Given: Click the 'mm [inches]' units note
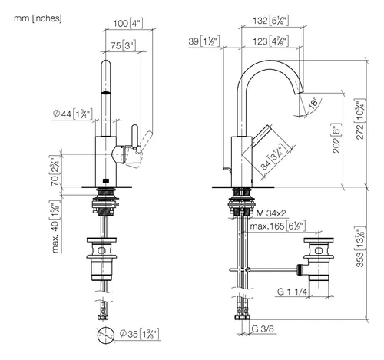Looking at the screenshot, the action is click(38, 18).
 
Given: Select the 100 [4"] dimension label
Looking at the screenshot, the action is click(127, 23).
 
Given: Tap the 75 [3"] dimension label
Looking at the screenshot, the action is click(123, 45).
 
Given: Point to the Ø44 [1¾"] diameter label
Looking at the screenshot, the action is click(72, 114).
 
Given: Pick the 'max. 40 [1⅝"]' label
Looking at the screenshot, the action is click(55, 227).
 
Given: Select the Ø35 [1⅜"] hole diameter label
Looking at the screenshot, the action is click(140, 334).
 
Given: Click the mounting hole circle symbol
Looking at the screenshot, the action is click(106, 335).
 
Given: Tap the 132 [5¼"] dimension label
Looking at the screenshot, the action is click(270, 21).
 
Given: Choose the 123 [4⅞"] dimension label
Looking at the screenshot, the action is click(270, 41).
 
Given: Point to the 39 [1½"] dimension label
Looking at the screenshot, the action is click(204, 41).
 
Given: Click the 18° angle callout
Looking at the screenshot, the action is click(313, 103).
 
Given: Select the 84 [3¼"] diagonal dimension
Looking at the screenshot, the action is click(273, 157).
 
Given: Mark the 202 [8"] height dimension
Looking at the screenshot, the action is click(337, 138).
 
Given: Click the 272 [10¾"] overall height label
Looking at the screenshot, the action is click(360, 119).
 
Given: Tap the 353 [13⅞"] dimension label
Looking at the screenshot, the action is click(360, 246).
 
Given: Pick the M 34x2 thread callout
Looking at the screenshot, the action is click(271, 213).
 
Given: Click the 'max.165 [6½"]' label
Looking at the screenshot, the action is click(277, 226).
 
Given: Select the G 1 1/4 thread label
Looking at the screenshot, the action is click(292, 292).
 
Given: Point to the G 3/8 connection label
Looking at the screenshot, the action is click(263, 329).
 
